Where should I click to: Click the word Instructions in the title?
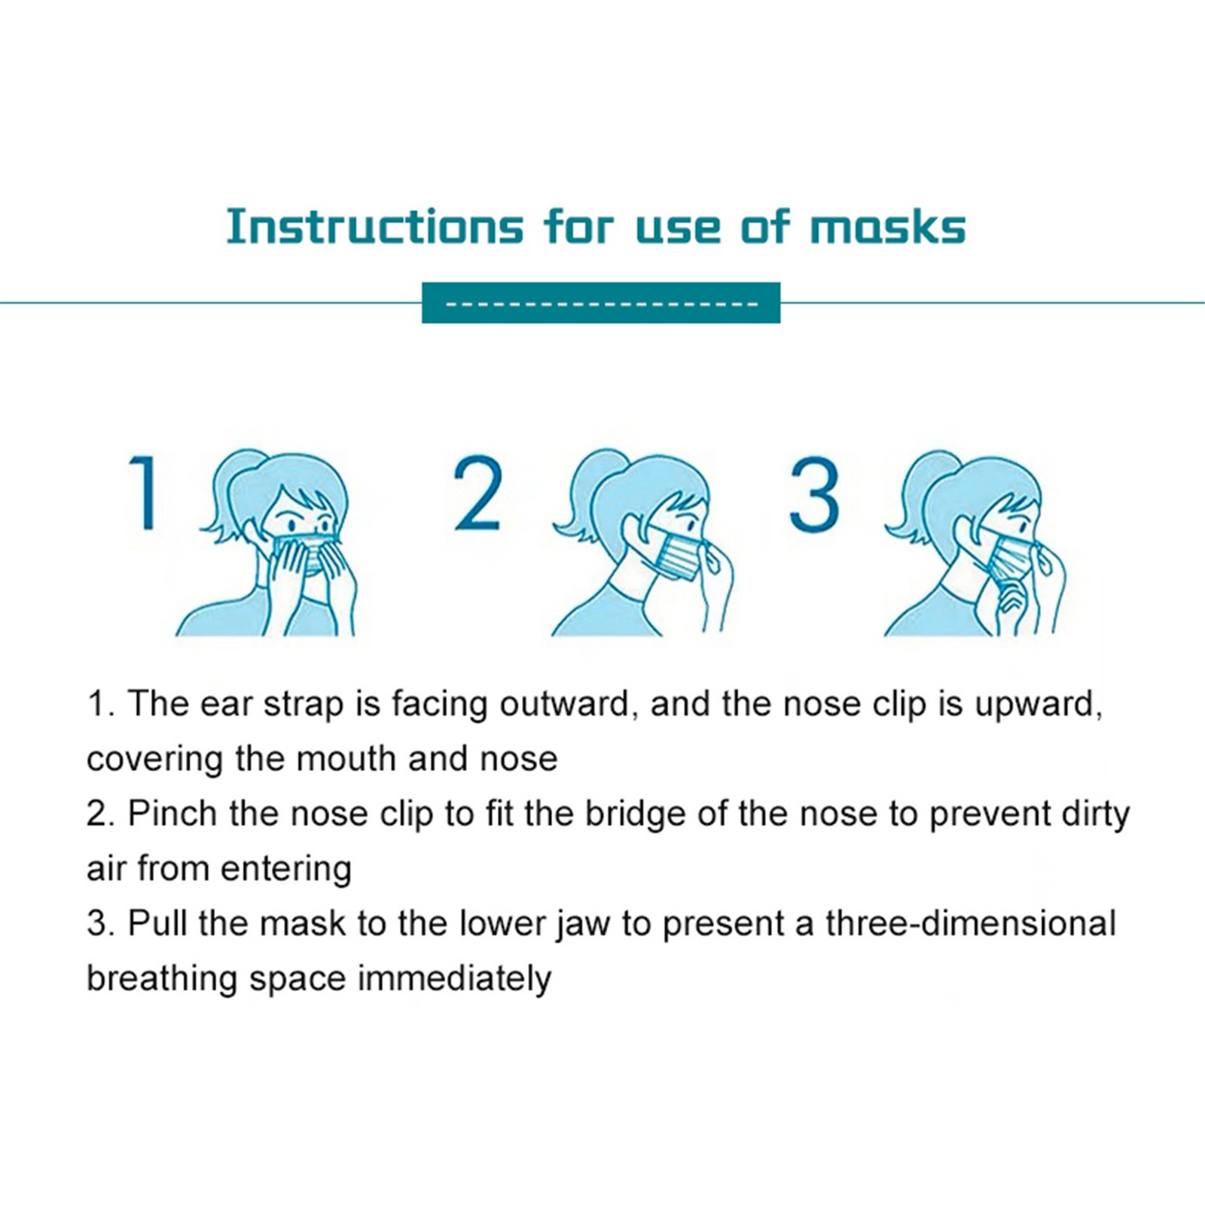[374, 226]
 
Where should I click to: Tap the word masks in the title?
[887, 226]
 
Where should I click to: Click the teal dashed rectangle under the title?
[601, 303]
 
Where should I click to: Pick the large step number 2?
[477, 493]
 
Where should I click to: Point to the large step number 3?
[814, 494]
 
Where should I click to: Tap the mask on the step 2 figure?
[674, 554]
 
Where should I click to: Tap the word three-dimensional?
[970, 923]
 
